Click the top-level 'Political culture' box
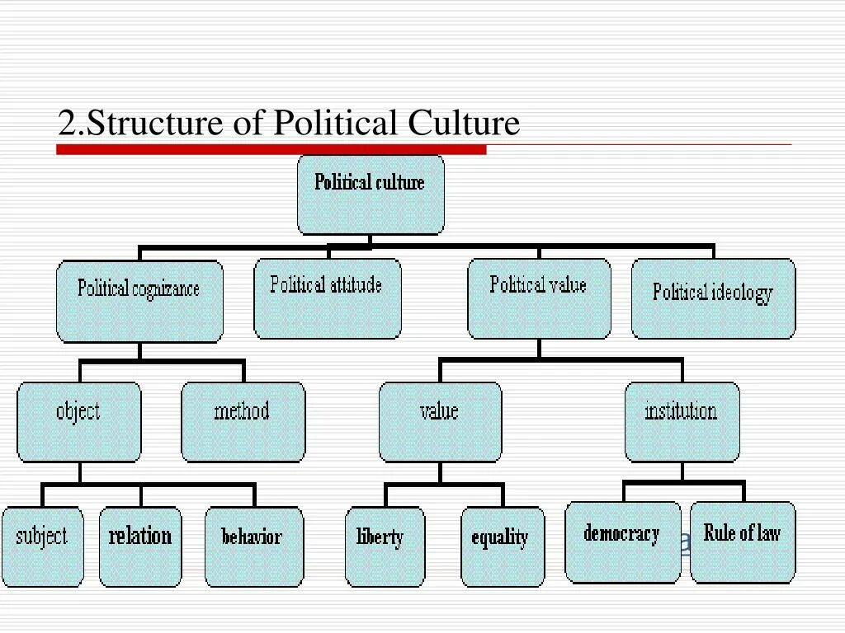[x=370, y=195]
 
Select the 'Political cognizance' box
[x=139, y=301]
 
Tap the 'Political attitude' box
[x=327, y=298]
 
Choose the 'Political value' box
[x=539, y=298]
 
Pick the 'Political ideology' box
[x=713, y=298]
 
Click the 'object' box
[x=79, y=421]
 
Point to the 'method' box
[x=243, y=421]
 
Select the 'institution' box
[x=682, y=421]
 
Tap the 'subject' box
[x=43, y=546]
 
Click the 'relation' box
[x=140, y=546]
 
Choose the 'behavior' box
[x=253, y=546]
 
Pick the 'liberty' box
[x=385, y=546]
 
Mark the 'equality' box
[x=502, y=546]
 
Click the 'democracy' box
[x=622, y=542]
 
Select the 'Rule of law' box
[x=743, y=542]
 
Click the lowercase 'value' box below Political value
[x=440, y=421]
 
